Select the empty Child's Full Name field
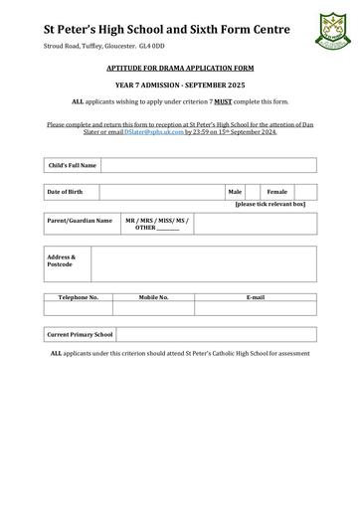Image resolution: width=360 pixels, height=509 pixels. click(x=208, y=165)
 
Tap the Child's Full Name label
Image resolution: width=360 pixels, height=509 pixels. click(x=73, y=165)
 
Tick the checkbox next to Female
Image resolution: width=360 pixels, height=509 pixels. click(x=305, y=192)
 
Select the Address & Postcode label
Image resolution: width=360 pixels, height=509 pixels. click(x=62, y=260)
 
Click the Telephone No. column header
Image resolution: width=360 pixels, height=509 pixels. click(x=79, y=297)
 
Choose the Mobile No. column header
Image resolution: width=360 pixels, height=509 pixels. click(x=153, y=297)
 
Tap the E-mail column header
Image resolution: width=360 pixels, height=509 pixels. click(x=255, y=297)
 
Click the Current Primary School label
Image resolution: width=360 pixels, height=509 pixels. click(x=81, y=335)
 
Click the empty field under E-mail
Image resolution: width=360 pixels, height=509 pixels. click(x=255, y=308)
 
